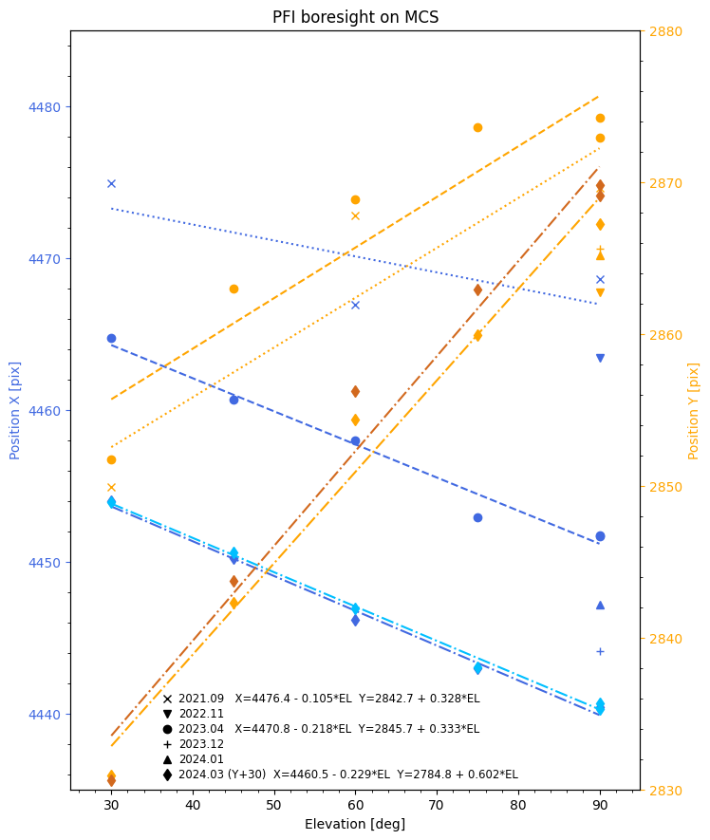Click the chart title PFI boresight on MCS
tap(355, 17)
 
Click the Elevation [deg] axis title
tap(355, 824)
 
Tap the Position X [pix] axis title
tap(15, 410)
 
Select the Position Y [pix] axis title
tap(694, 410)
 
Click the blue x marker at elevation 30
tap(111, 183)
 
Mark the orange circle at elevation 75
tap(477, 127)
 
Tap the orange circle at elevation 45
tap(234, 289)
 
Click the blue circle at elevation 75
tap(477, 517)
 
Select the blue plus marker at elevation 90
tap(600, 651)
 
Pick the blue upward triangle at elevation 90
tap(600, 605)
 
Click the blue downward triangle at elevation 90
tap(600, 358)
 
